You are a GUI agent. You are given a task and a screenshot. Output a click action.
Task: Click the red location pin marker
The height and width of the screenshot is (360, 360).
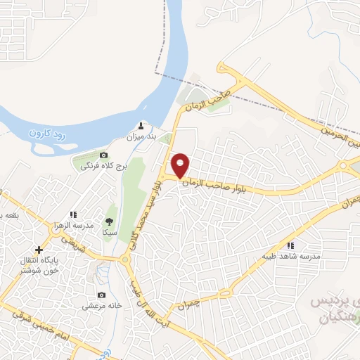(x=181, y=165)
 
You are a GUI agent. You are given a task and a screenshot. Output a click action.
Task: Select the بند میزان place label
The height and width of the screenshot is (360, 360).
(x=141, y=137)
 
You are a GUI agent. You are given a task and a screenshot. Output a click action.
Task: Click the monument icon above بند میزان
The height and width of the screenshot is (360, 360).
(x=141, y=127)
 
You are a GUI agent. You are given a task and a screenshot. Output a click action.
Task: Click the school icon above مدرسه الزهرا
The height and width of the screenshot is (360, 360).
(x=72, y=214)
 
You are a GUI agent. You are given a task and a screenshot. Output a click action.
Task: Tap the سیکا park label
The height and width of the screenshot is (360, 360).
(x=109, y=232)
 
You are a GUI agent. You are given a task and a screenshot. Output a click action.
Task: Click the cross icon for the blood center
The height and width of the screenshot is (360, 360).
(x=39, y=250)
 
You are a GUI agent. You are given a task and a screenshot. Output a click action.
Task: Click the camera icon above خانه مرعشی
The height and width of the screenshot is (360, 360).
(x=103, y=295)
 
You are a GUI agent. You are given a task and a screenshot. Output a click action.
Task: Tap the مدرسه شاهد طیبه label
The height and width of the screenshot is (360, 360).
(x=291, y=256)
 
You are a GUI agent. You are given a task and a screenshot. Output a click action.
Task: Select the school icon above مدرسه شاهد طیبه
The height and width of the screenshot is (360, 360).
(x=290, y=245)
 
